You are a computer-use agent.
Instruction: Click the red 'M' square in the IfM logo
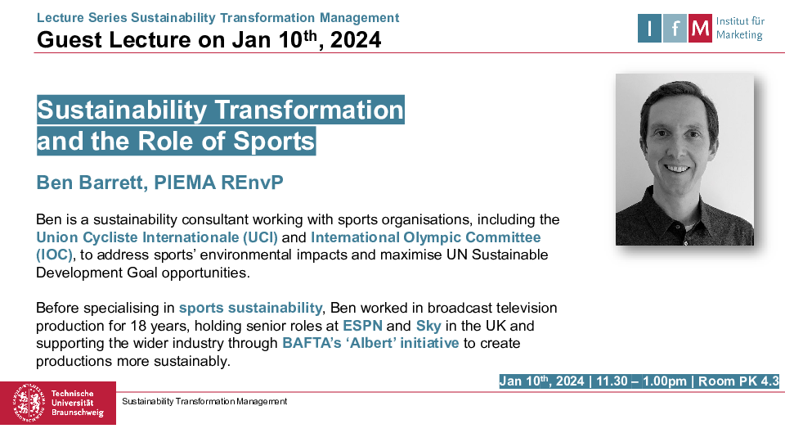pos(700,29)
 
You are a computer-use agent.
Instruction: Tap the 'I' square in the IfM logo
pos(649,29)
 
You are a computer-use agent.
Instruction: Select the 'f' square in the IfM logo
pos(675,29)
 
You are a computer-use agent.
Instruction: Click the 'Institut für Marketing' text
pos(739,29)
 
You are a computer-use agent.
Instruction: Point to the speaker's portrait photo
pos(684,160)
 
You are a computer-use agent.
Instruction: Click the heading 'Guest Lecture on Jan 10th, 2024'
pos(209,38)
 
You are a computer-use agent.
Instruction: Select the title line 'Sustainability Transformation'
pos(221,110)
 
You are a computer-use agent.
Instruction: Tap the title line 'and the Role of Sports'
pos(176,141)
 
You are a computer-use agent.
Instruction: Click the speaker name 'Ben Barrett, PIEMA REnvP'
pos(160,183)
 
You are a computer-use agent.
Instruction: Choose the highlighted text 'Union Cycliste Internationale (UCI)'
pos(157,237)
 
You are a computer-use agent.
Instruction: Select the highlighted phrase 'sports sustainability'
pos(250,308)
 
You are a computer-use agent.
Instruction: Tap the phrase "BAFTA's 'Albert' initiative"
pos(370,343)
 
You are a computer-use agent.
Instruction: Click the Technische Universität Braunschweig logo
pos(58,403)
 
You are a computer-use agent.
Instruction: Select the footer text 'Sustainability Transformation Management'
pos(204,401)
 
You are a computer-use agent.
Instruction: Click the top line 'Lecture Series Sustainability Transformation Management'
pos(218,17)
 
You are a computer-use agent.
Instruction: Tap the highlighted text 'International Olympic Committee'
pos(425,237)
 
